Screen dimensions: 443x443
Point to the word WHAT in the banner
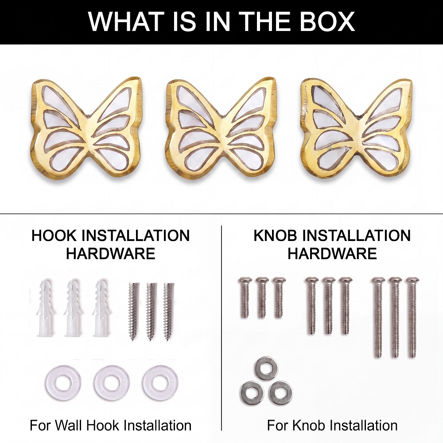126,21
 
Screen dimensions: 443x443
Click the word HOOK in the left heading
54,236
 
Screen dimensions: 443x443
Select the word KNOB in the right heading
276,236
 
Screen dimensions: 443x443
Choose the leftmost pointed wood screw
133,311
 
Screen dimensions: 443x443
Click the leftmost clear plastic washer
60,382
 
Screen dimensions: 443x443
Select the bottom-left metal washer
252,392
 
